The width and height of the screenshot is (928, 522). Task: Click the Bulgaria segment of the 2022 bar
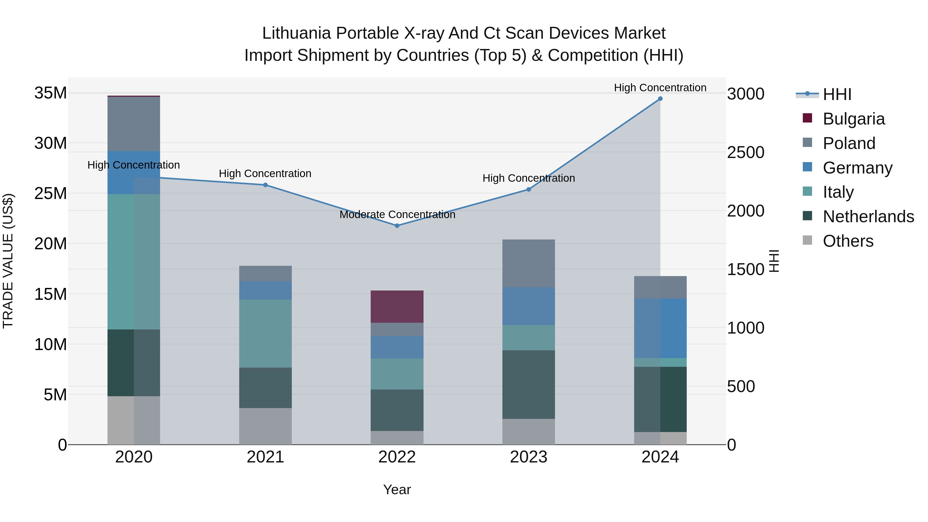[397, 306]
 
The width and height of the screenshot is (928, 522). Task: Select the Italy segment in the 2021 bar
[265, 333]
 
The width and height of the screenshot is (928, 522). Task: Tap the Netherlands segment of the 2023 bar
[528, 384]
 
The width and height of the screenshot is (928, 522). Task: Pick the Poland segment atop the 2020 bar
[134, 124]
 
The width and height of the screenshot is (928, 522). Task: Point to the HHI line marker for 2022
[397, 226]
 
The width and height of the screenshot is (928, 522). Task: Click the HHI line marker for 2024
[660, 99]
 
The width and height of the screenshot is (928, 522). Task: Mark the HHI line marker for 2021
[265, 185]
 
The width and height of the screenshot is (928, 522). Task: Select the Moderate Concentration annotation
[397, 215]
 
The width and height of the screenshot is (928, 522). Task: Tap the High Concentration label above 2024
[660, 88]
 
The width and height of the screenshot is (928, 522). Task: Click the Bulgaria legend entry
[854, 119]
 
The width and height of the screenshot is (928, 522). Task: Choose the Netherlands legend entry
[868, 217]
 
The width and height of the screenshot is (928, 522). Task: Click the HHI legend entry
[837, 94]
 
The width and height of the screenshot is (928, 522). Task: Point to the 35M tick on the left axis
[51, 93]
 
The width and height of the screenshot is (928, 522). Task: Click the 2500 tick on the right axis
[745, 152]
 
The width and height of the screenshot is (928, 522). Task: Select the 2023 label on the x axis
[528, 457]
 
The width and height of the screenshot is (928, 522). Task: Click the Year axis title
[397, 490]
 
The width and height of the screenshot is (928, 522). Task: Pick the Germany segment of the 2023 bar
[528, 306]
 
